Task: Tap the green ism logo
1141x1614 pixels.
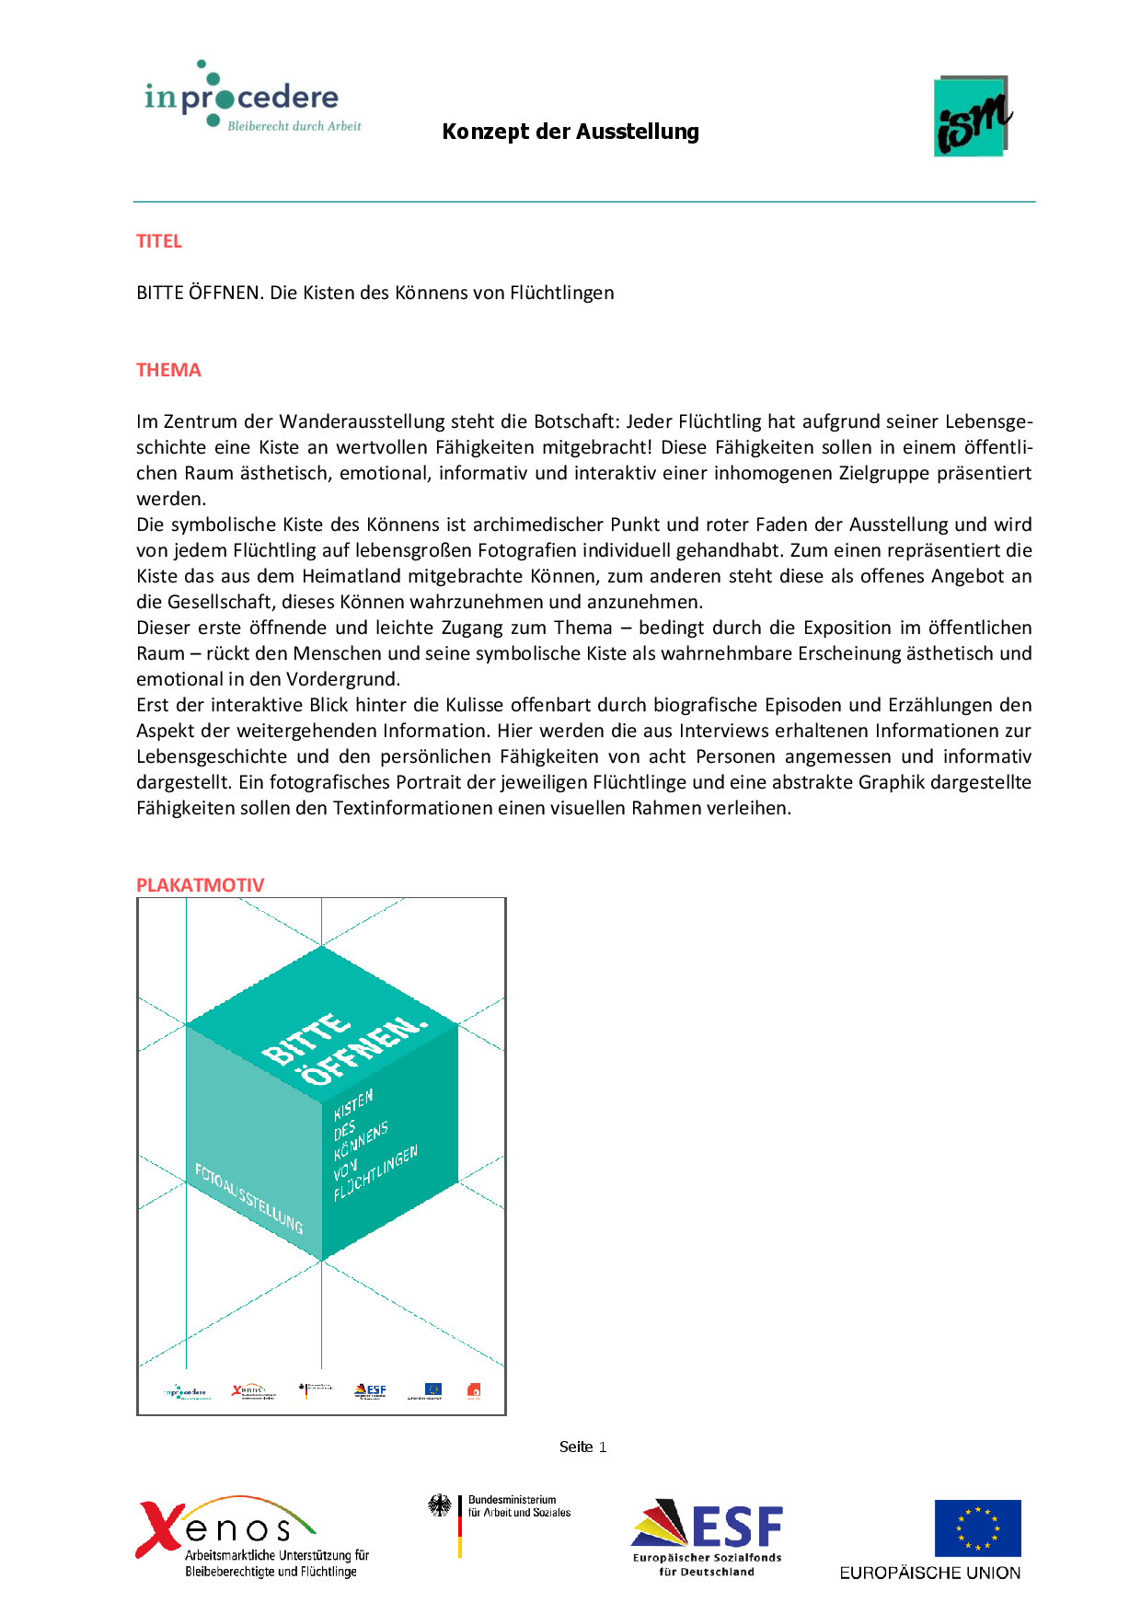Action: point(973,117)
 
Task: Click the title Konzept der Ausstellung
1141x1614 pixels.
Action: point(570,132)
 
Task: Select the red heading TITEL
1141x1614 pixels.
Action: point(159,241)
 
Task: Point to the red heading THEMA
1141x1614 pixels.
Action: point(168,370)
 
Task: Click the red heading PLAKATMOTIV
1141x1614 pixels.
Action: point(200,885)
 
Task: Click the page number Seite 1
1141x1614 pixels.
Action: point(582,1447)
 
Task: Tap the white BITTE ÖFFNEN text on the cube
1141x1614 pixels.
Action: point(345,1049)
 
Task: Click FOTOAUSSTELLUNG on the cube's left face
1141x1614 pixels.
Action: point(248,1197)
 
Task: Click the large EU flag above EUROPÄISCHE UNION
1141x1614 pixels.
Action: point(977,1528)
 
